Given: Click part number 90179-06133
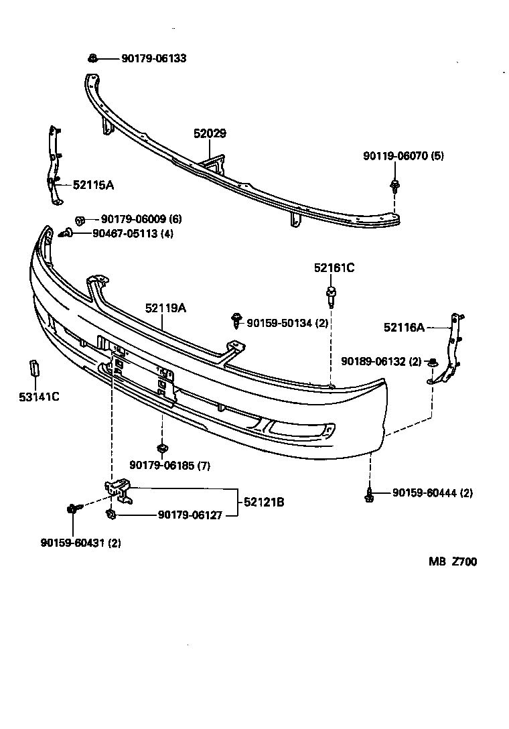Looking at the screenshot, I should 153,58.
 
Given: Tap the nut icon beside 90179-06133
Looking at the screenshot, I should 93,58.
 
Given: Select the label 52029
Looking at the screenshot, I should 210,134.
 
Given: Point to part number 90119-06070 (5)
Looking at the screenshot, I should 403,156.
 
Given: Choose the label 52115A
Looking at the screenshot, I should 93,184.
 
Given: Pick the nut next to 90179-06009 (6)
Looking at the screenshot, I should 80,219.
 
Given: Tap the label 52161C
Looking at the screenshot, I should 334,268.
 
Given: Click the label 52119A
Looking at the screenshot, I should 165,308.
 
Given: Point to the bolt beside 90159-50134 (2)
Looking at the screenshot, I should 236,320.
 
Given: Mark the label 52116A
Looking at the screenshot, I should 404,327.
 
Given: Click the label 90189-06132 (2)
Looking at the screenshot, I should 381,361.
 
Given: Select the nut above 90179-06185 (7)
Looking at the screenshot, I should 161,448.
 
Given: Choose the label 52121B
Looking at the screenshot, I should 263,501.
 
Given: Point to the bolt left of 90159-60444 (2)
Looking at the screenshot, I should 368,495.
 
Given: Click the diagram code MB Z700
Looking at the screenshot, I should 453,561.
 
